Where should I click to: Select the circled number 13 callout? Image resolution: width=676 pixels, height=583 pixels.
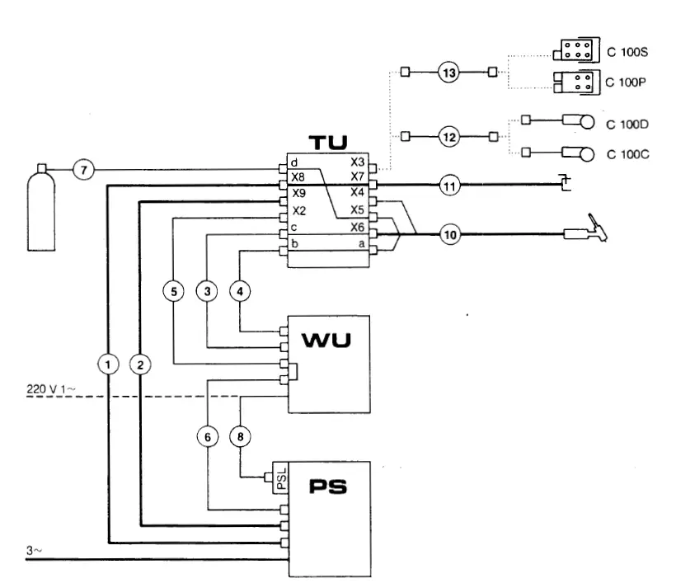(448, 73)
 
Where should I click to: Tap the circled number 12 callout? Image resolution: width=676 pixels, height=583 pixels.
(448, 137)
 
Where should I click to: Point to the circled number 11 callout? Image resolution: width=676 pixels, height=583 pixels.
(448, 186)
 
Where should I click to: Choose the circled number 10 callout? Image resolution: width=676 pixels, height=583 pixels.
(448, 235)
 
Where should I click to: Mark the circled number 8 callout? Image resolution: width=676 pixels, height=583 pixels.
(240, 437)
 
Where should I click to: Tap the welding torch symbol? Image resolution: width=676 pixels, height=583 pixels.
(587, 233)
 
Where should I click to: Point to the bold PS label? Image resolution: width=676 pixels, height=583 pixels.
(328, 487)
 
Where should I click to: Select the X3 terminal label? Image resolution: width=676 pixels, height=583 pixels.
(357, 162)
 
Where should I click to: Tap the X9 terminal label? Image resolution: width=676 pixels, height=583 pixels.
(298, 192)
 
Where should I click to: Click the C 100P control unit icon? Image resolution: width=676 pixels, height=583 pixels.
(574, 82)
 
